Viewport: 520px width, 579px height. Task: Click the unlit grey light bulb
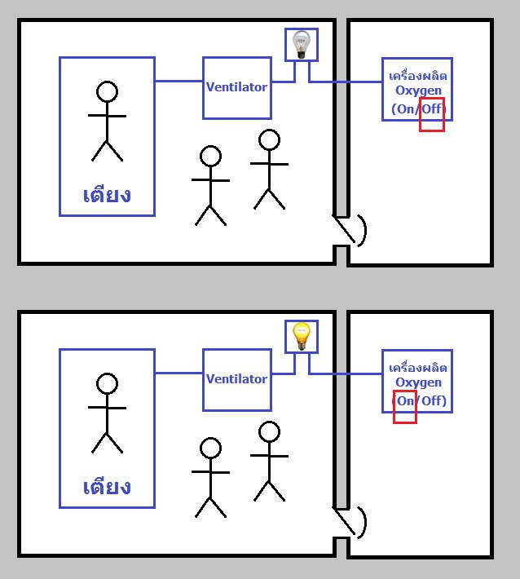pyautogui.click(x=301, y=43)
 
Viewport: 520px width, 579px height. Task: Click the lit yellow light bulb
pyautogui.click(x=301, y=335)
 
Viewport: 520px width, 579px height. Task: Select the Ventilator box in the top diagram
pyautogui.click(x=236, y=87)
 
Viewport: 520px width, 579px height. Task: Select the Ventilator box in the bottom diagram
pyautogui.click(x=236, y=379)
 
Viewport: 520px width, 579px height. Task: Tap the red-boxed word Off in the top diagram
pyautogui.click(x=433, y=109)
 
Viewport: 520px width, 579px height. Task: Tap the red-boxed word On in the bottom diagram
pyautogui.click(x=405, y=401)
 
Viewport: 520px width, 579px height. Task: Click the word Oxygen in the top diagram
pyautogui.click(x=417, y=91)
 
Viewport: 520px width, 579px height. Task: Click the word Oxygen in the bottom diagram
pyautogui.click(x=417, y=382)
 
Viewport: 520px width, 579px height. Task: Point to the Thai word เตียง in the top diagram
pyautogui.click(x=107, y=196)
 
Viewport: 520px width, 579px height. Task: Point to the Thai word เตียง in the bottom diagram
pyautogui.click(x=107, y=488)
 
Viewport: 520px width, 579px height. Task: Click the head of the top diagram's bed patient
pyautogui.click(x=107, y=91)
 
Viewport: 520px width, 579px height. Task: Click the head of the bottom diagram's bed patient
pyautogui.click(x=107, y=382)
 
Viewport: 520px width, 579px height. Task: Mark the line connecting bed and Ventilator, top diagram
pyautogui.click(x=178, y=81)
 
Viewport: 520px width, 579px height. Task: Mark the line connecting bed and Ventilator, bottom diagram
pyautogui.click(x=178, y=373)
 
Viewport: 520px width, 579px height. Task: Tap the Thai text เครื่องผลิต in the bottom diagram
pyautogui.click(x=417, y=367)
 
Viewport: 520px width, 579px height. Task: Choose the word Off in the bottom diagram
pyautogui.click(x=433, y=401)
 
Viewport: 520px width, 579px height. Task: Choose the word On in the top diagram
pyautogui.click(x=405, y=109)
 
